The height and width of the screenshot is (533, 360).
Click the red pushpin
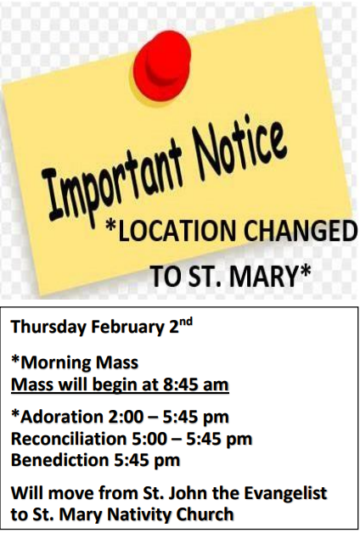162,65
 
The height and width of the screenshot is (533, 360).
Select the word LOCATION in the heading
172,231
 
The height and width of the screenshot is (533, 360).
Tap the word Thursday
48,327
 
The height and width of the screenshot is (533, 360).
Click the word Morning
56,362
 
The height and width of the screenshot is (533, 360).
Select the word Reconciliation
69,439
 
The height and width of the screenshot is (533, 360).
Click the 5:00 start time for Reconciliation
149,439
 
